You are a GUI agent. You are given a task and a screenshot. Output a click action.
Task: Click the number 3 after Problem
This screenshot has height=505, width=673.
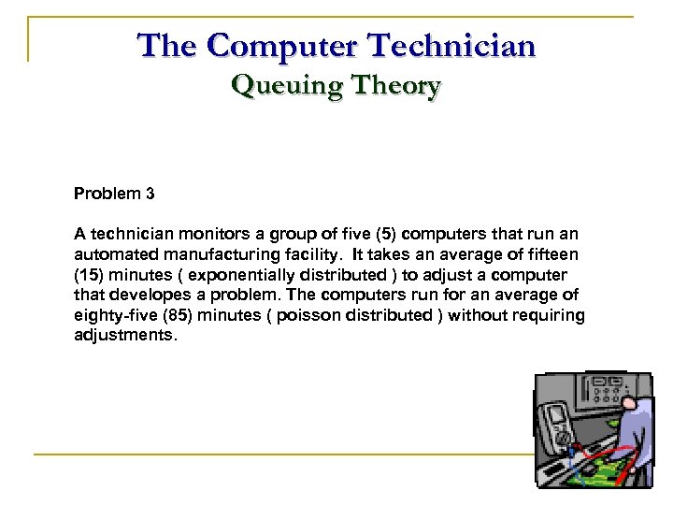coord(150,195)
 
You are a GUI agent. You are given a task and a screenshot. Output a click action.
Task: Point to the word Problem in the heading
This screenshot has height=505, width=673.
coord(107,195)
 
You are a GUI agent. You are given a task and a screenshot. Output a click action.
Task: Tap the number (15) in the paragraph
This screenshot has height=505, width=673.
coord(92,275)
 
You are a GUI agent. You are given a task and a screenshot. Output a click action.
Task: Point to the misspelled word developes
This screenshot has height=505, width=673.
coord(147,296)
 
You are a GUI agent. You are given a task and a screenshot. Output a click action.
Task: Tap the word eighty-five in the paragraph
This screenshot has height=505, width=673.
coord(112,316)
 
